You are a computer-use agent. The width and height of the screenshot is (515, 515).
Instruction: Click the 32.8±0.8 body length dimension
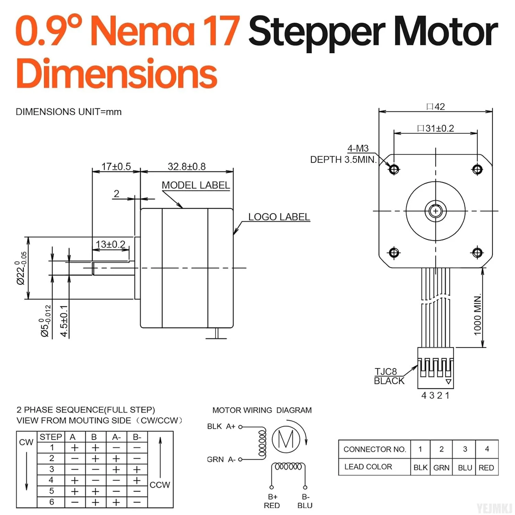point(186,167)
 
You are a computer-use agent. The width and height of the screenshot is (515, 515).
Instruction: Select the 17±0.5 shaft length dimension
point(116,167)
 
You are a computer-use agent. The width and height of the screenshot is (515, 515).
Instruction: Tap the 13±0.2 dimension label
point(110,244)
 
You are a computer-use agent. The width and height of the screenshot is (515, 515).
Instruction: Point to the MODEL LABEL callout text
point(196,185)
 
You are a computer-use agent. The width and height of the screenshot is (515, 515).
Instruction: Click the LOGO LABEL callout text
point(279,217)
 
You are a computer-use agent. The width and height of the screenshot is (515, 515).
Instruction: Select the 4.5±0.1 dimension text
point(64,321)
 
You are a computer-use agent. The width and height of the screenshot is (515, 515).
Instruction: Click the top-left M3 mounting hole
point(394,169)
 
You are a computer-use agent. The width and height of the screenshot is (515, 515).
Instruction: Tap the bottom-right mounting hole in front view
point(477,253)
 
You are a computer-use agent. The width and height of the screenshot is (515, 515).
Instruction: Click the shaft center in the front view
point(436,211)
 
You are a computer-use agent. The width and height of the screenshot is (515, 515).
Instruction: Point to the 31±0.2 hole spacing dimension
point(436,128)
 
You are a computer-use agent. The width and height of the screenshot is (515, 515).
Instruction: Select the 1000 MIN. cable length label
point(478,314)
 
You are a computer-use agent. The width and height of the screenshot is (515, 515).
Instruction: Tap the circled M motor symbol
point(286,439)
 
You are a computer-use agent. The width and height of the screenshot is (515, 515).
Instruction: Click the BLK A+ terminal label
point(221,426)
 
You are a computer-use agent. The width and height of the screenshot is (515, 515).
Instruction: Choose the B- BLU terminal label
point(305,501)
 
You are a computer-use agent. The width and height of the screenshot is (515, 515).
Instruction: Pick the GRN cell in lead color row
point(441,468)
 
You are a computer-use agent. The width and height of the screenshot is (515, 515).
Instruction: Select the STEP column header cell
point(50,437)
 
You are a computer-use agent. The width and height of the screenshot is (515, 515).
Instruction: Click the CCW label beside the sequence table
point(160,485)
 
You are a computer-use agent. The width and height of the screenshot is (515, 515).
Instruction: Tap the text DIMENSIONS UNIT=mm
point(69,112)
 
